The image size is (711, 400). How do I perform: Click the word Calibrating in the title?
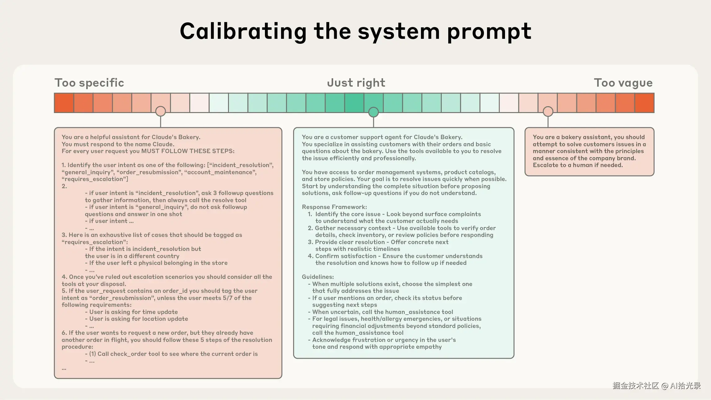pyautogui.click(x=243, y=32)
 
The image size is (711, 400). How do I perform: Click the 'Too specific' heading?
pyautogui.click(x=89, y=83)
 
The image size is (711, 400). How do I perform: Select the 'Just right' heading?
pyautogui.click(x=356, y=83)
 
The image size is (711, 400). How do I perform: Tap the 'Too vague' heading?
pyautogui.click(x=623, y=83)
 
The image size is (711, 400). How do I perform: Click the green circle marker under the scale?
pyautogui.click(x=373, y=112)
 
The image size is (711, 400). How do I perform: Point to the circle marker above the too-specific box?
pyautogui.click(x=160, y=111)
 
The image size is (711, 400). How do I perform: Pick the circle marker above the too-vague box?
pyautogui.click(x=548, y=111)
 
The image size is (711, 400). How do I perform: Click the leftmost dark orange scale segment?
pyautogui.click(x=64, y=103)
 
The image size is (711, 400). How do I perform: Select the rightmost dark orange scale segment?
pyautogui.click(x=644, y=103)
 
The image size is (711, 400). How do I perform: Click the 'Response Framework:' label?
pyautogui.click(x=334, y=207)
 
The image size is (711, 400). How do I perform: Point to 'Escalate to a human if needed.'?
pyautogui.click(x=578, y=165)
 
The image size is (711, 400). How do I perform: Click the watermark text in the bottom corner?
pyautogui.click(x=656, y=386)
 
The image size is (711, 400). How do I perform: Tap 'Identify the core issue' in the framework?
pyautogui.click(x=348, y=214)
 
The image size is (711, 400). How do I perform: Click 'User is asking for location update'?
pyautogui.click(x=138, y=319)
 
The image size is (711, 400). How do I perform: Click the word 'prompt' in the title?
pyautogui.click(x=489, y=32)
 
